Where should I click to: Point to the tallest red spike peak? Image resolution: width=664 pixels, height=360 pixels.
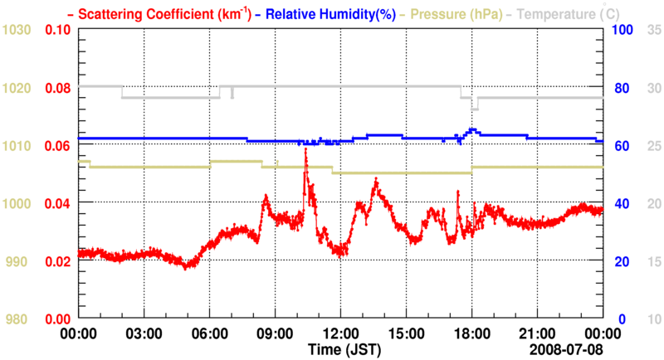click(306, 150)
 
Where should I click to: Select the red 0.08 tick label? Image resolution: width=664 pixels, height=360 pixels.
click(57, 88)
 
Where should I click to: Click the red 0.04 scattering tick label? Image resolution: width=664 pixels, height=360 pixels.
click(57, 204)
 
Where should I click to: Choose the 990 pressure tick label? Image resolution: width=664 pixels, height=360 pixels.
click(20, 262)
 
